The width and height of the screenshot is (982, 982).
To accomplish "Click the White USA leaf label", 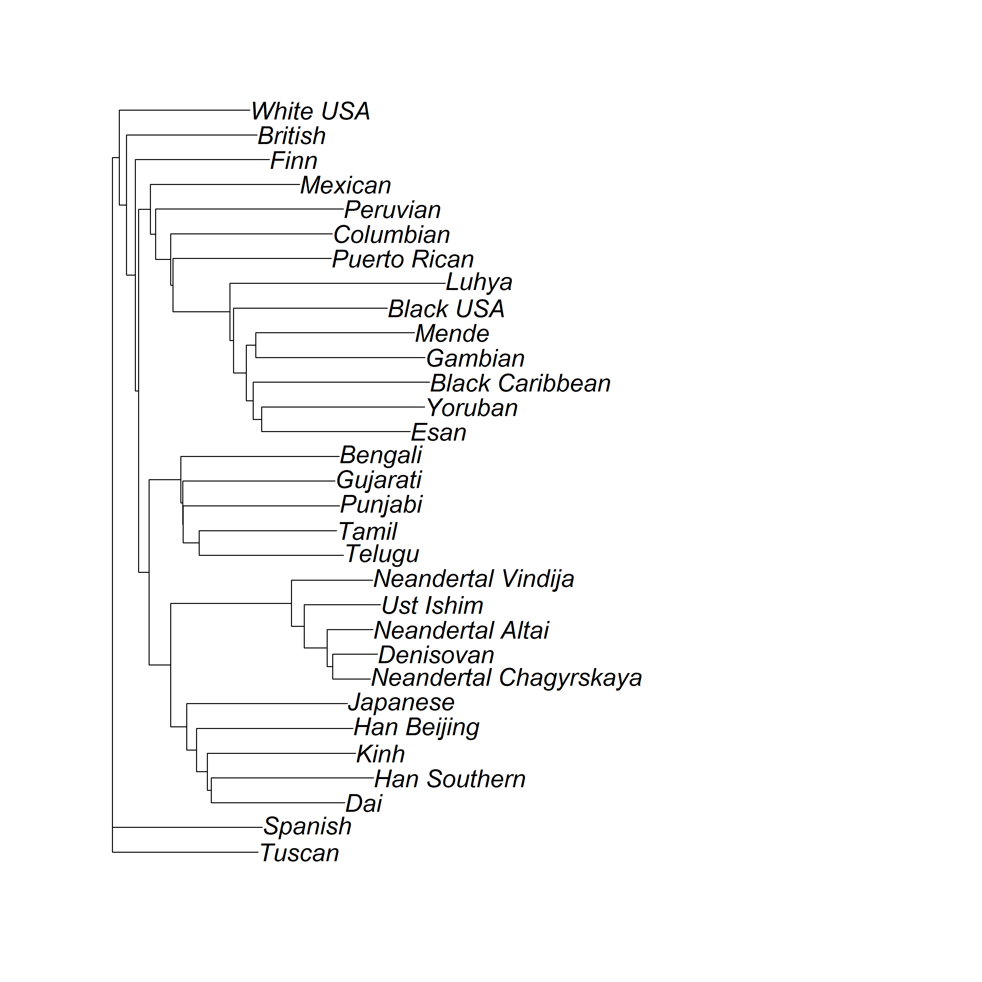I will (x=311, y=111).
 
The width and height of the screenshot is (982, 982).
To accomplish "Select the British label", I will (x=292, y=136).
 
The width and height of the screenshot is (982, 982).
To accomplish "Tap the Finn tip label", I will (x=294, y=161).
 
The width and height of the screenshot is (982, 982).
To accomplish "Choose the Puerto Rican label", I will (x=403, y=259).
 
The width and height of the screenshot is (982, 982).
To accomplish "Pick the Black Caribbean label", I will (x=520, y=383).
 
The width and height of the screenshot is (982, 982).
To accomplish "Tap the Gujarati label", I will (x=379, y=480).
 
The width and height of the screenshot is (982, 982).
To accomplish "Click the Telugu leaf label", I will (x=382, y=554).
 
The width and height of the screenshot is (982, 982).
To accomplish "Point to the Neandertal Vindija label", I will (x=474, y=579).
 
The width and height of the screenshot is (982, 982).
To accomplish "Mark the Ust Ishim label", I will (x=432, y=605).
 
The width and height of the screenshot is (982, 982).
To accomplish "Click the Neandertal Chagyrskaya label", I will (x=507, y=678).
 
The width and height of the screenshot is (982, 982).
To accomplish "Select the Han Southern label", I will (x=450, y=779).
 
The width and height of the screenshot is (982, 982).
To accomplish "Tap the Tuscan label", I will (x=300, y=853).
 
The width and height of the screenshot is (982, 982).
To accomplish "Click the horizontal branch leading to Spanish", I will (x=188, y=828).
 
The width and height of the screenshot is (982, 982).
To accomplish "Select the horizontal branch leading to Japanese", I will (x=267, y=704).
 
